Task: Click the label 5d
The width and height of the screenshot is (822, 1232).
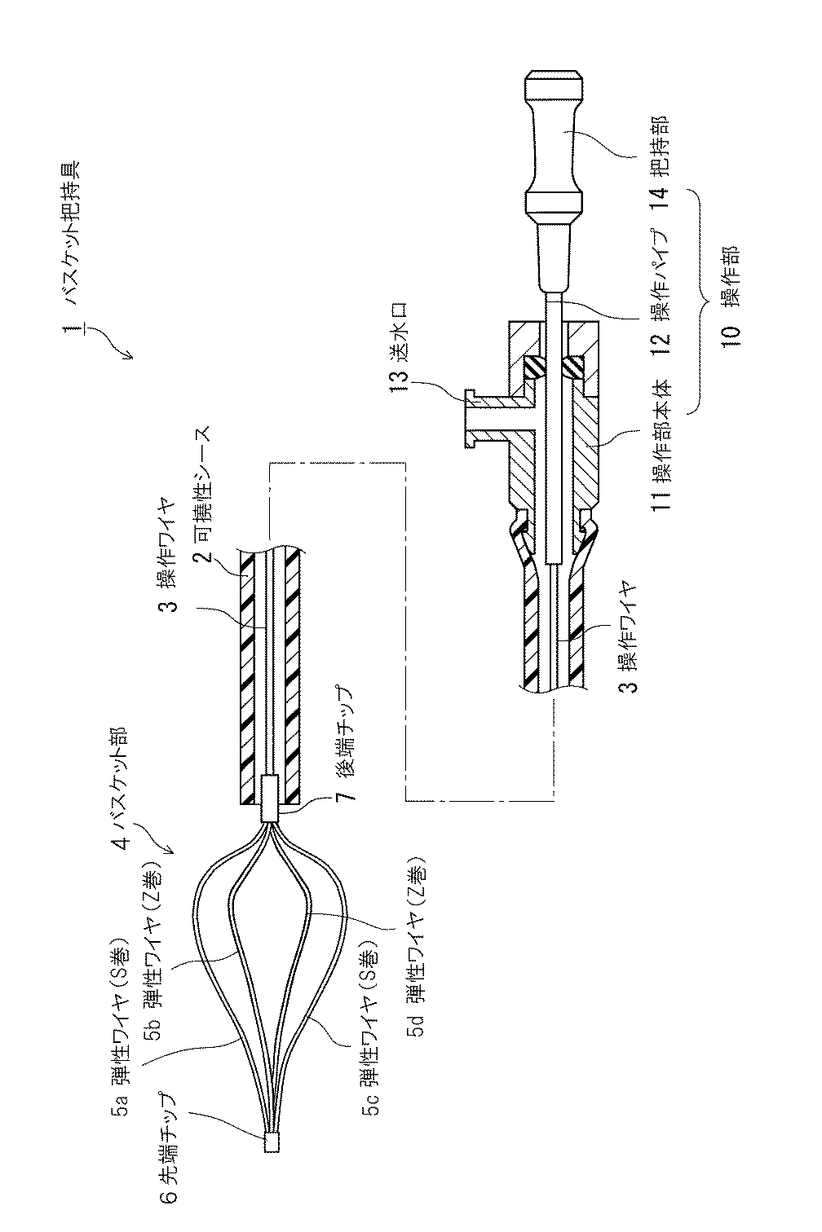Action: pos(416,1028)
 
